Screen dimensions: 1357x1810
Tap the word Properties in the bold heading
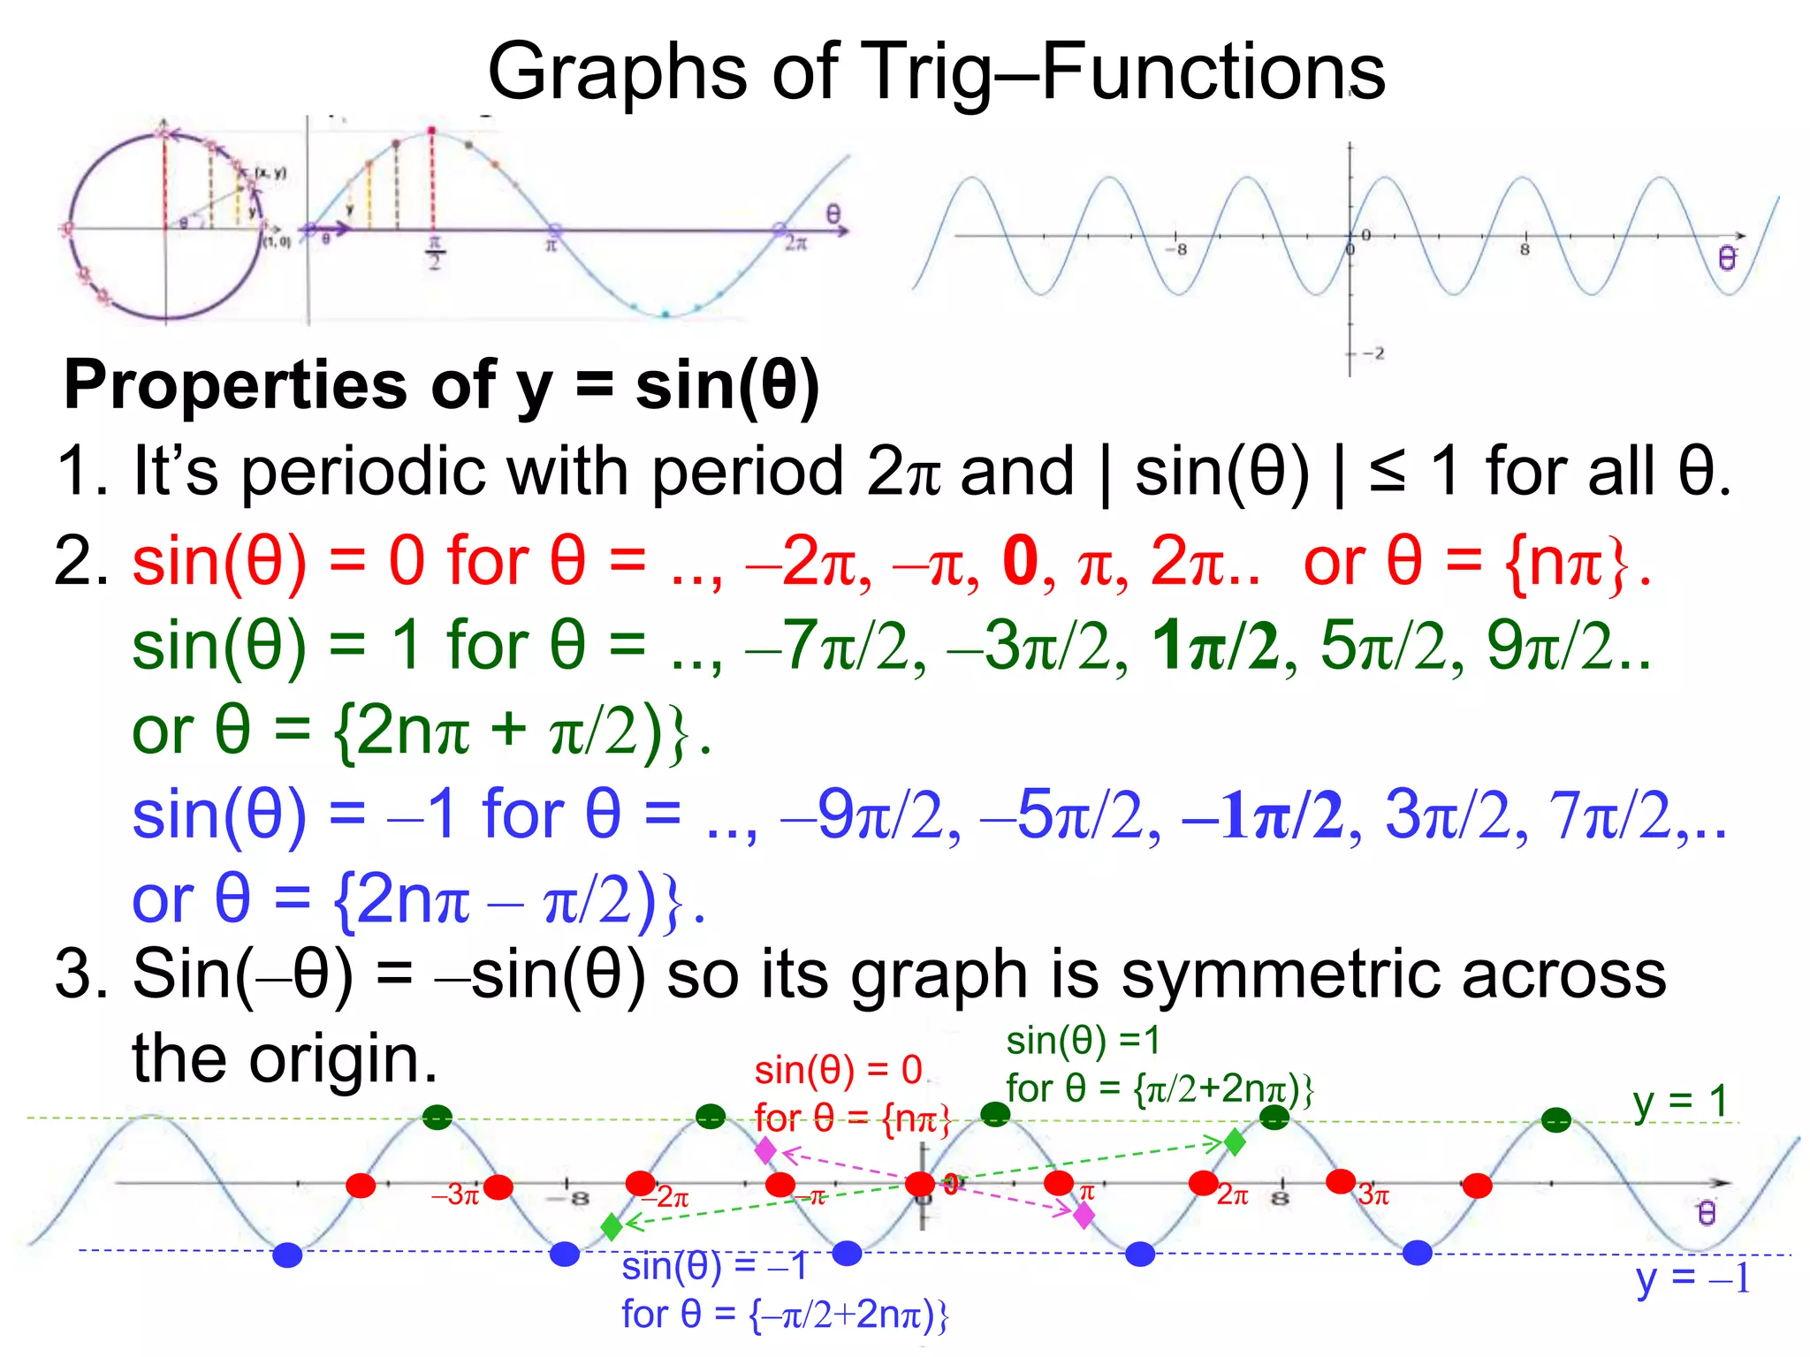pos(235,386)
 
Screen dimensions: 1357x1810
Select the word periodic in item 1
pos(362,471)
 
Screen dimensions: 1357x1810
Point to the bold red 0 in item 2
pos(1020,561)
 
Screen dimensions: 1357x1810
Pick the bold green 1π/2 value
pos(1215,646)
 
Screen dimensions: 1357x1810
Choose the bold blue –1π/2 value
pos(1262,815)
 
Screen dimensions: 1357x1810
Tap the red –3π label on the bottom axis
pos(454,1195)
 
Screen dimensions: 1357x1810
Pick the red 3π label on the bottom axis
pos(1373,1195)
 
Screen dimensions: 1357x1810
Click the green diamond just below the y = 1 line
pos(1235,1142)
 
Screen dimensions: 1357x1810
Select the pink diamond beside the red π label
pos(1084,1216)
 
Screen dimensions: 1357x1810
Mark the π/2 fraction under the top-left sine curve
pos(434,253)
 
